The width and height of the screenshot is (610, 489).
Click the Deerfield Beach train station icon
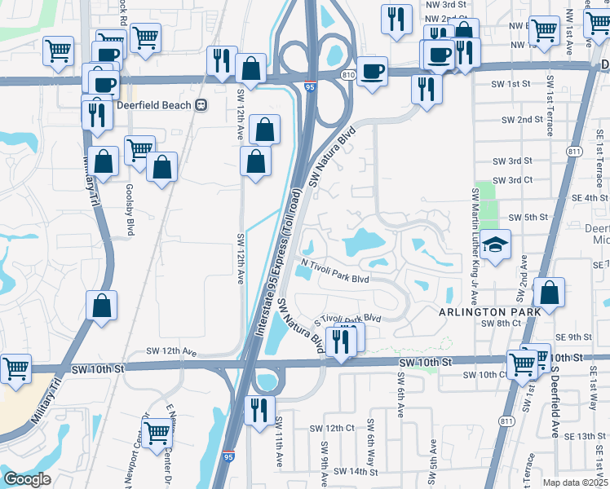point(201,105)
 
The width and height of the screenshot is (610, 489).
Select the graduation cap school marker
point(495,244)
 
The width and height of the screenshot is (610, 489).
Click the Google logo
point(27,478)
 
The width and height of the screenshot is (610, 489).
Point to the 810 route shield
point(349,75)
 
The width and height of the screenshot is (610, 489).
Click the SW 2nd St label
point(523,120)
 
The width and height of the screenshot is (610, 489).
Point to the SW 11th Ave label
point(280,442)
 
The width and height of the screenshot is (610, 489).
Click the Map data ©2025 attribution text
point(574,482)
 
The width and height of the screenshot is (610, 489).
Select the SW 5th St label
point(527,218)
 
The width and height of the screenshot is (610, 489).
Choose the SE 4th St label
point(590,197)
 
